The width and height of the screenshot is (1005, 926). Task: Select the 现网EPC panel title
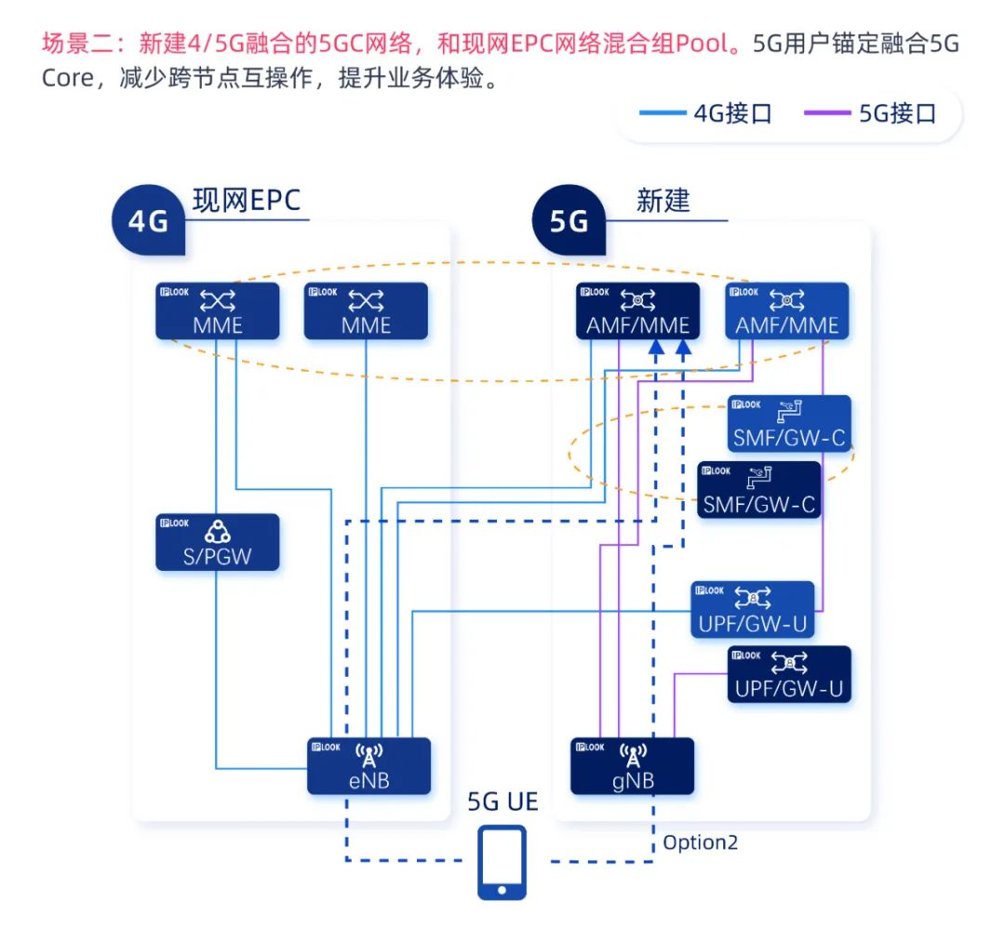tap(247, 201)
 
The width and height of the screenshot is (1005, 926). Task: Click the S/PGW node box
tap(217, 542)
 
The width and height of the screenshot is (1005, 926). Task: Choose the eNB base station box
tap(369, 766)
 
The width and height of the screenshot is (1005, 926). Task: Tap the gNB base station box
tap(632, 766)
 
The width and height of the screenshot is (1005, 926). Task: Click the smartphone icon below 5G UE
tap(502, 862)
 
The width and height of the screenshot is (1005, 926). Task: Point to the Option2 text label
tap(700, 842)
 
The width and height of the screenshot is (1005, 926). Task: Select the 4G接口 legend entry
tap(707, 113)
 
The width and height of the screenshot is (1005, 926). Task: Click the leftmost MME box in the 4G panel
tap(217, 311)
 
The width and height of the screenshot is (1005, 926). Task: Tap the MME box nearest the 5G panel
tap(366, 311)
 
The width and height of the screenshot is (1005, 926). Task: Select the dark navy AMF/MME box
tap(637, 311)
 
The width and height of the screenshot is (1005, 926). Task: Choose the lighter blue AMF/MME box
tap(787, 311)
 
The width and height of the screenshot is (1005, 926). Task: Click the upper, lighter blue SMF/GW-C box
tap(789, 424)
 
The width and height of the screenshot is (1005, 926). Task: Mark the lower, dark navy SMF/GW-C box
tap(759, 490)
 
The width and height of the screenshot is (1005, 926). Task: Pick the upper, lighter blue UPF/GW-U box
tap(753, 610)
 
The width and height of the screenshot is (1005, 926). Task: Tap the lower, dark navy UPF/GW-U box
tap(789, 674)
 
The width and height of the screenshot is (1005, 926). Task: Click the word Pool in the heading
tap(699, 44)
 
